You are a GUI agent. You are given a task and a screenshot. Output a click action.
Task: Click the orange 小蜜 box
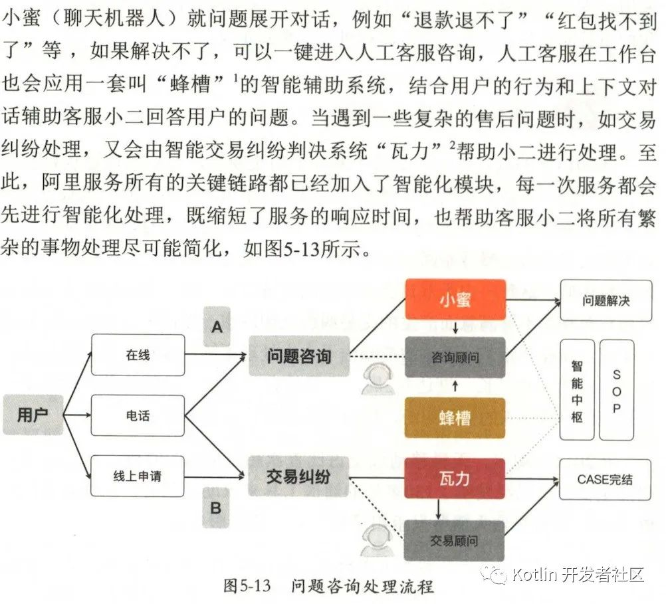[x=455, y=300]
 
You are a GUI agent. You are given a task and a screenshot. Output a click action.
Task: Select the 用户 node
[x=33, y=415]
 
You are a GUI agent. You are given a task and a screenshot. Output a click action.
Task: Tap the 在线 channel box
[x=138, y=355]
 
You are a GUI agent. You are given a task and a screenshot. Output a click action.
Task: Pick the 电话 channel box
[x=138, y=416]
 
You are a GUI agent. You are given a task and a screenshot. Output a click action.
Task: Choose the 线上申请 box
[x=138, y=476]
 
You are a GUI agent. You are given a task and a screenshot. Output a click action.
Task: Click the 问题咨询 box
[x=299, y=357]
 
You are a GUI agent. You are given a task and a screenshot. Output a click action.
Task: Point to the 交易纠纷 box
[x=298, y=476]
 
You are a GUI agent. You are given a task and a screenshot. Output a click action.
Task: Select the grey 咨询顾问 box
[x=455, y=357]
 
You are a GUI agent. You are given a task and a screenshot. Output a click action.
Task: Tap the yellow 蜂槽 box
[x=455, y=417]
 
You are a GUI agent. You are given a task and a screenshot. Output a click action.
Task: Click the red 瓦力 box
[x=455, y=478]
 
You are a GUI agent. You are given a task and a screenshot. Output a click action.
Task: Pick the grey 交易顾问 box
[x=455, y=540]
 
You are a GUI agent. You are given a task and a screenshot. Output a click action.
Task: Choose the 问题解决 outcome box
[x=606, y=300]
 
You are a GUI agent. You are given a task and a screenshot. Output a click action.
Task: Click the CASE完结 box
[x=605, y=479]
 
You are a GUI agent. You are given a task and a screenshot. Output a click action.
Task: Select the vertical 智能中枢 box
[x=576, y=390]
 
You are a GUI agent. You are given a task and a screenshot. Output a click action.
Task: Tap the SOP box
[x=616, y=390]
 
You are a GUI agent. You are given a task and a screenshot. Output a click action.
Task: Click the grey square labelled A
[x=216, y=326]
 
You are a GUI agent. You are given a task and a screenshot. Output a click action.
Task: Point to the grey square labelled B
[x=216, y=508]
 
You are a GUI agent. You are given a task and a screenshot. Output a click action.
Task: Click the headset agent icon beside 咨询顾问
[x=378, y=380]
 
